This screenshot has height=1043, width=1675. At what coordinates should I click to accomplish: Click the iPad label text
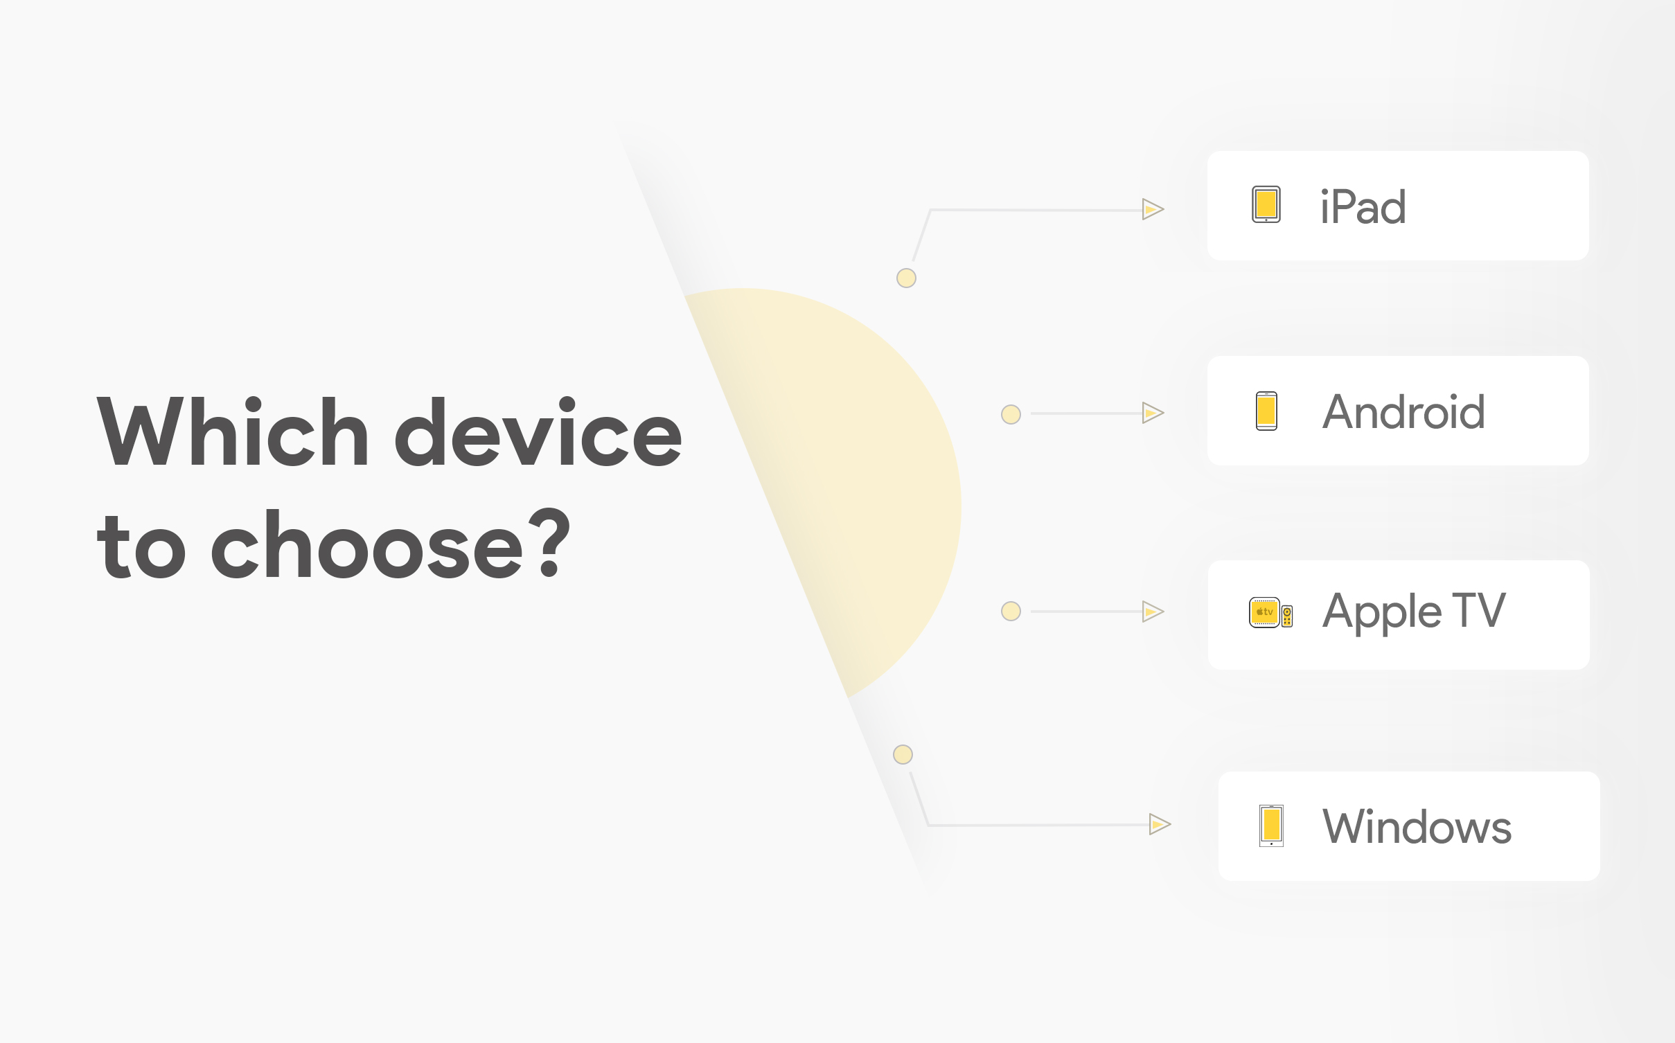(1363, 207)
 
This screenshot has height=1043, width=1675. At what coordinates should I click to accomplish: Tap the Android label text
(1403, 412)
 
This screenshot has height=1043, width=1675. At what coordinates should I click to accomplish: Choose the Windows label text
(1417, 827)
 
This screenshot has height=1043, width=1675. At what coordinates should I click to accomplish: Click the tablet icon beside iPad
(1266, 205)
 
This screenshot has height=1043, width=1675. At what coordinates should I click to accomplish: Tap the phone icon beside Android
(1266, 411)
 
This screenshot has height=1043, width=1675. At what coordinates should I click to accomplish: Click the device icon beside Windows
(1271, 826)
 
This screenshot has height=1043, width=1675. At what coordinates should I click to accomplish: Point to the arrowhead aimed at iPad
(1153, 209)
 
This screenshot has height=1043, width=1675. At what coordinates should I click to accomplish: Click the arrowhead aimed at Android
(1153, 413)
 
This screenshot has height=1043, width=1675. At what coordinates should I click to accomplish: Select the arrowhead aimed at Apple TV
(1153, 612)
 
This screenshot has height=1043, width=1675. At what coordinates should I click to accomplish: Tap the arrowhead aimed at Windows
(1160, 824)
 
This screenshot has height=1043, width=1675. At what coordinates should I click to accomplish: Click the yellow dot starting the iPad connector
(906, 278)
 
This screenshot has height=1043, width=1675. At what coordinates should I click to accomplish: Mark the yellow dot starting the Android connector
(1011, 415)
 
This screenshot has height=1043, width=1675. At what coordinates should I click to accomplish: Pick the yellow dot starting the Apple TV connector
(1011, 612)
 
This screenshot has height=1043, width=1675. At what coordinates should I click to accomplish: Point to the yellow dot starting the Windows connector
(903, 754)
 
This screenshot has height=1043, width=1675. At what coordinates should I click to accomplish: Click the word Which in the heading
(233, 432)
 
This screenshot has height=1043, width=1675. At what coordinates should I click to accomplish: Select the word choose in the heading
(367, 546)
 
